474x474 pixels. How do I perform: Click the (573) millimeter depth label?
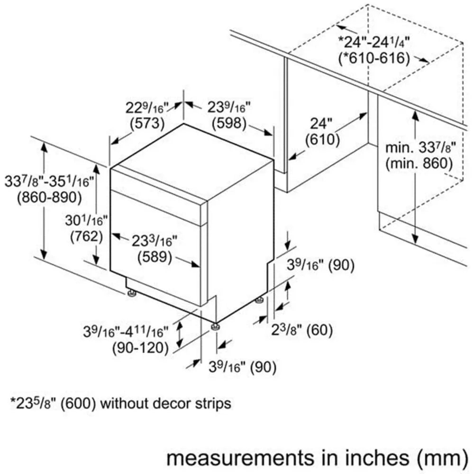[147, 123]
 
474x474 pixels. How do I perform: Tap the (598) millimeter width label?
[229, 123]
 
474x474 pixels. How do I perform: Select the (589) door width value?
[155, 257]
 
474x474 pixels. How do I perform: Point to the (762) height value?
[86, 236]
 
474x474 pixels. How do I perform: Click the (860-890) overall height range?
[50, 197]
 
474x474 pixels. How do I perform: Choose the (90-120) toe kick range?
[140, 347]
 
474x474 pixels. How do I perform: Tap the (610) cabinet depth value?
[322, 139]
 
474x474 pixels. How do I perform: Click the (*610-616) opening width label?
[374, 58]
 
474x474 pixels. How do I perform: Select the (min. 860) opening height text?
[419, 164]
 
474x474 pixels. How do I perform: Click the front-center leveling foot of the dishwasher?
[215, 327]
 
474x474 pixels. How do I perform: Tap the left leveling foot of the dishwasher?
[131, 293]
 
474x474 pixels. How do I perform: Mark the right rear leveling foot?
[259, 300]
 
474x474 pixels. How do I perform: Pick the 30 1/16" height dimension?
[86, 220]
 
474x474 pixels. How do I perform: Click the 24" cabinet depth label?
[321, 123]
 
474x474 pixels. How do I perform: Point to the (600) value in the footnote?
[78, 404]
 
